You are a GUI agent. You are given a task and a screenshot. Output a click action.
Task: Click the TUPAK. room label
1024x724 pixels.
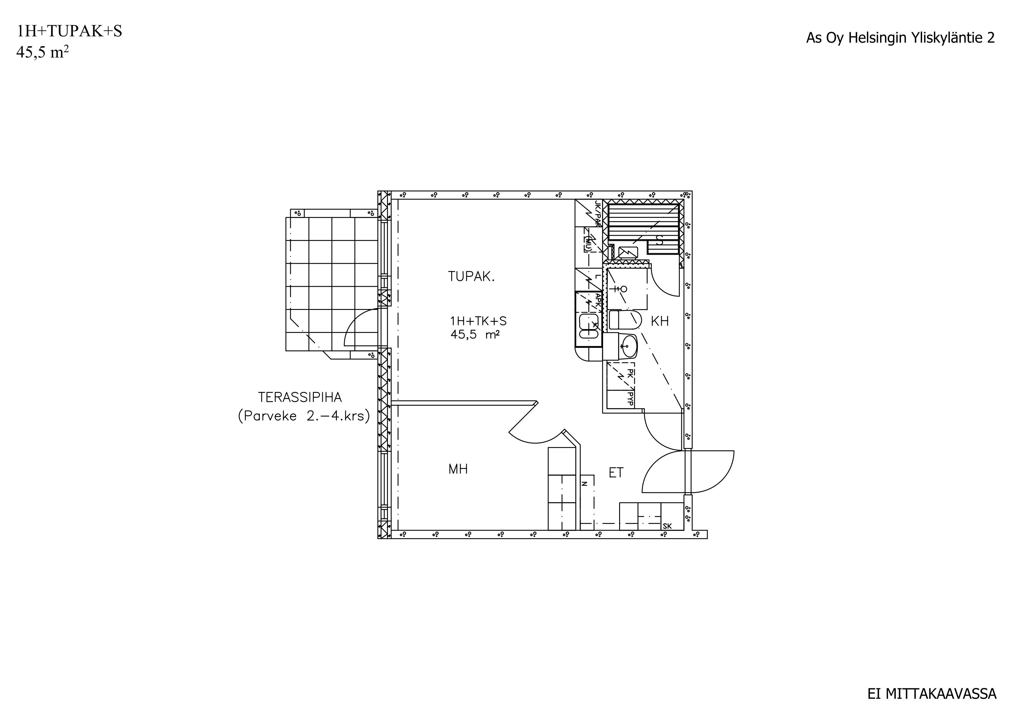coord(471,277)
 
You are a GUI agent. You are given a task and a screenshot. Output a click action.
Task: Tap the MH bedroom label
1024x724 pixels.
coord(458,469)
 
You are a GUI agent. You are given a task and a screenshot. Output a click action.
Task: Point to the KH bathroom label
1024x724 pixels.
coord(660,321)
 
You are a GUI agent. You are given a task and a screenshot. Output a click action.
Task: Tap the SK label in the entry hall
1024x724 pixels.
coord(667,526)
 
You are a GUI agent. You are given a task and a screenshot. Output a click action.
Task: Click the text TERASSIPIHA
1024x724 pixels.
coord(300,397)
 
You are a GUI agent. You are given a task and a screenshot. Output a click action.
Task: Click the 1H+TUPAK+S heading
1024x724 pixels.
coord(69,31)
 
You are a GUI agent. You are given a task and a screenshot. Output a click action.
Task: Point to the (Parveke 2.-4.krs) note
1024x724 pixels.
coord(304,416)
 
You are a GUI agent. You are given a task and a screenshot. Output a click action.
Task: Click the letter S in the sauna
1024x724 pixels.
coord(660,241)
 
